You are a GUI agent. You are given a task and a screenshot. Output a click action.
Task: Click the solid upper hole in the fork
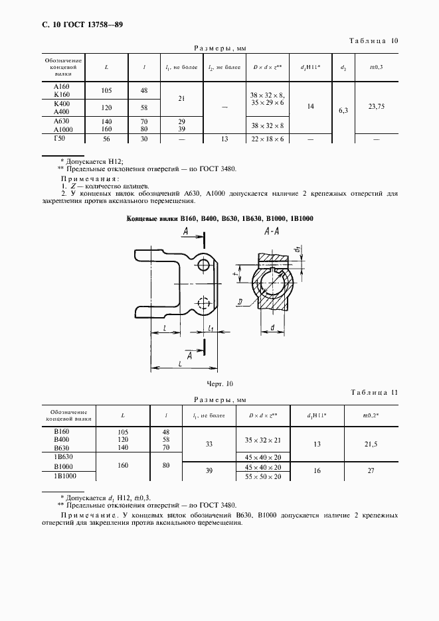click(x=203, y=266)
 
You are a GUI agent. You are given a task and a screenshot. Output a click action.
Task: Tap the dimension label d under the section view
click(x=273, y=327)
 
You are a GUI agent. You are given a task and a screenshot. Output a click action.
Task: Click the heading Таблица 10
click(x=373, y=41)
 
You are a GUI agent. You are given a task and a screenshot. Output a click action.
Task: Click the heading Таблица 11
click(x=373, y=393)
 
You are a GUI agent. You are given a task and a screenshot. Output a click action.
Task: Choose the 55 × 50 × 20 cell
click(x=262, y=476)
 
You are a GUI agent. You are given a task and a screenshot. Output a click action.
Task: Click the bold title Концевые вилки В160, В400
click(x=220, y=218)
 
